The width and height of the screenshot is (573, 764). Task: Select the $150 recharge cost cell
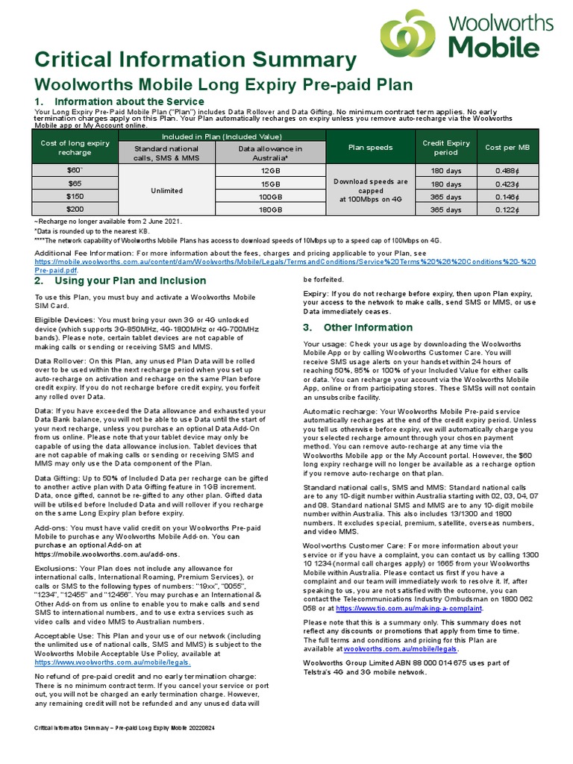75,196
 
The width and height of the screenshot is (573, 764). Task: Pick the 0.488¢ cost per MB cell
512,170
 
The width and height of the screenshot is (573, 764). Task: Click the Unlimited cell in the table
167,190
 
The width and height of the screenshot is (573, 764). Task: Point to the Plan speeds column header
370,148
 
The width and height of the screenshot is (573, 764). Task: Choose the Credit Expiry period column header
446,147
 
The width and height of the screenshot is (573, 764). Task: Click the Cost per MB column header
512,148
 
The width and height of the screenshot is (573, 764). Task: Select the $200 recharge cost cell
75,210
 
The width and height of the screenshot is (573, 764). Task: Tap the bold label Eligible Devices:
63,319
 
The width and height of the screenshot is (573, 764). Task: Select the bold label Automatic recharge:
340,411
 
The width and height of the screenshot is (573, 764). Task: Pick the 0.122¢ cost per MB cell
512,210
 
